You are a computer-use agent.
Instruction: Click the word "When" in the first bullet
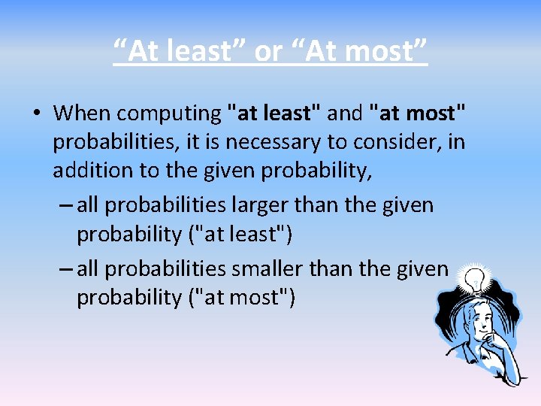coord(82,114)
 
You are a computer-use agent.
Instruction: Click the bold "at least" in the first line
coord(274,114)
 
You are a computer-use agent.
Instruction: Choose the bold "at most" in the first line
coord(417,114)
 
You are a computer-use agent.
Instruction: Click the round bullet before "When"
coord(37,114)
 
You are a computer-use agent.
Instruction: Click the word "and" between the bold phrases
coord(345,114)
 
